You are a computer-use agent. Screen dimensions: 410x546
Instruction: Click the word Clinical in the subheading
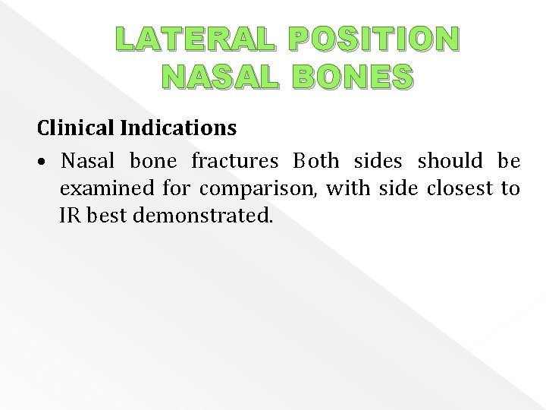[x=76, y=128]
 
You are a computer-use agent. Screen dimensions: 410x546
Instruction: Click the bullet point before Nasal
[x=46, y=162]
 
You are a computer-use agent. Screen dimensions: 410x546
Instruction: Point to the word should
[x=450, y=161]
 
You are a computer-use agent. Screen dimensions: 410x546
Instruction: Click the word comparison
[x=258, y=189]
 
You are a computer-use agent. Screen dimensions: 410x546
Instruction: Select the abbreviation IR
[x=70, y=216]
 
